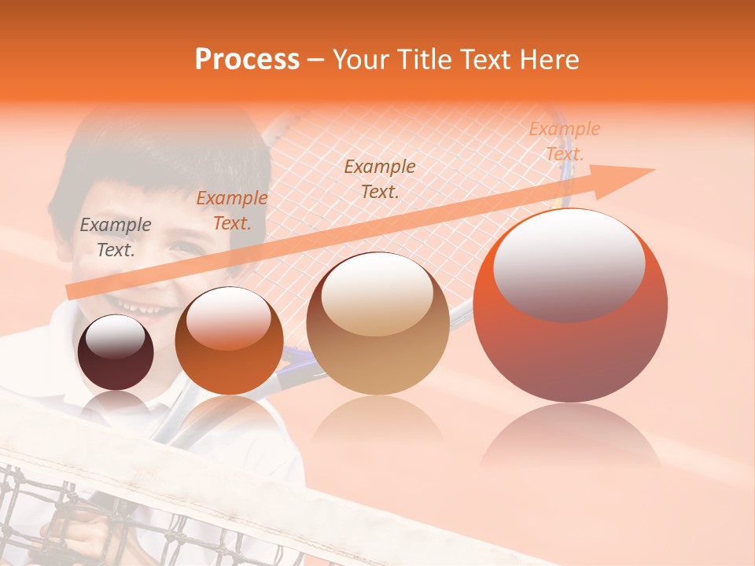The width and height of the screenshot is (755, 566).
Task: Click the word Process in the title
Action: tap(247, 60)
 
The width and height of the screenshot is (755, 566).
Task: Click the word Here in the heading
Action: tap(550, 60)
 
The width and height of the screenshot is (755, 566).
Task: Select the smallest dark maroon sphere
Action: tap(116, 352)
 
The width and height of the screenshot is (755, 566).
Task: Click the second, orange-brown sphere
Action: tap(229, 340)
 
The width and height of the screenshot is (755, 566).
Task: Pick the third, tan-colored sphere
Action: tap(377, 324)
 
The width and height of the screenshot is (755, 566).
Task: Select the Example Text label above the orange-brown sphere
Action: tap(231, 211)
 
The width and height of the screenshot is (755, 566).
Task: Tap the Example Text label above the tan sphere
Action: tap(380, 178)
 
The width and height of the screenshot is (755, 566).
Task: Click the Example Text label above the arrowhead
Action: tap(564, 141)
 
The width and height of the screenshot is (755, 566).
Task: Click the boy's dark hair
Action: tap(157, 157)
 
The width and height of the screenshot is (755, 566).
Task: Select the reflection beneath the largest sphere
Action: tap(570, 440)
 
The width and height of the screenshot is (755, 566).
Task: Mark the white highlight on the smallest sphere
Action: tap(116, 336)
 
